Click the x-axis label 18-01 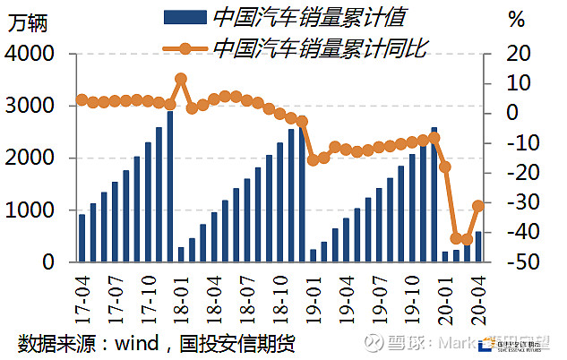[x=181, y=294]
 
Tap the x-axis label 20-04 [x=478, y=294]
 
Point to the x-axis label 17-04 [x=82, y=294]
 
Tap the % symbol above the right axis [x=517, y=19]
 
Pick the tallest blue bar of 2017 [x=169, y=187]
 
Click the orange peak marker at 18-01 [x=181, y=79]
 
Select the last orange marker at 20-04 [x=478, y=206]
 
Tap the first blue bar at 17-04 [x=82, y=238]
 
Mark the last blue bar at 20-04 [x=478, y=247]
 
